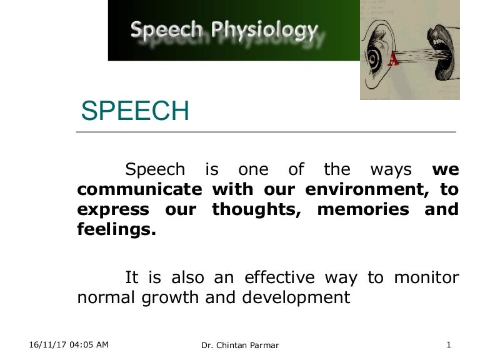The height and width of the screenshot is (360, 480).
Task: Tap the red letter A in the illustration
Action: [x=394, y=59]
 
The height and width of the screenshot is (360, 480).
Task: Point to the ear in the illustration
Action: [x=379, y=52]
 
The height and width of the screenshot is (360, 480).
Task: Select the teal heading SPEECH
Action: [x=135, y=111]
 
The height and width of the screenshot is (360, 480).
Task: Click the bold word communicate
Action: [x=139, y=189]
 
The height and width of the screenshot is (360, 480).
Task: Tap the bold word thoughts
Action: [x=257, y=209]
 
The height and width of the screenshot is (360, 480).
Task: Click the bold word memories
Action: [x=364, y=209]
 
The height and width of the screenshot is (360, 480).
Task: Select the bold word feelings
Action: [x=116, y=229]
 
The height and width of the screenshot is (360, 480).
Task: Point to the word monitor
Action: [x=426, y=277]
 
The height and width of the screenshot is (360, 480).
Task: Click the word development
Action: [x=299, y=297]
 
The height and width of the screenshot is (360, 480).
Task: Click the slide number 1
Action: [x=449, y=344]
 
